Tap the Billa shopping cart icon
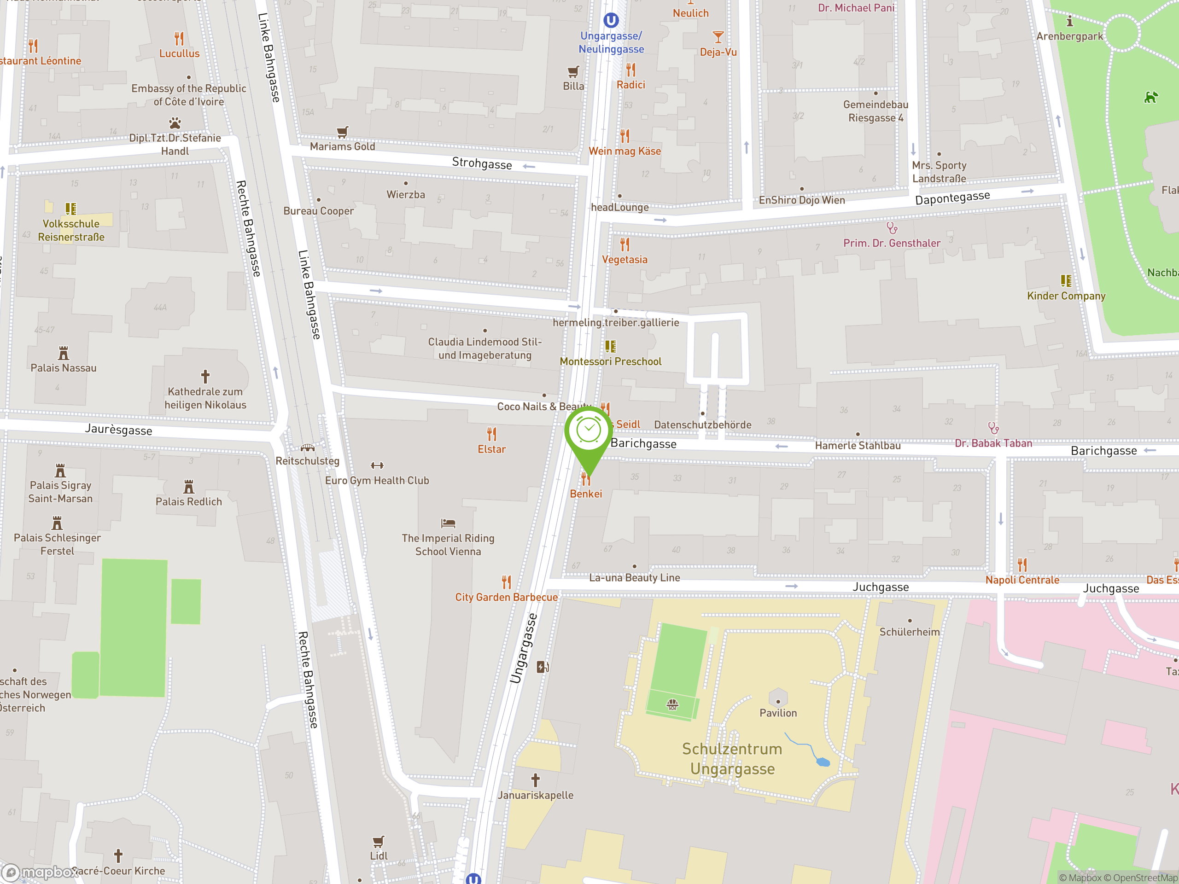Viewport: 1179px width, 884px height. (573, 71)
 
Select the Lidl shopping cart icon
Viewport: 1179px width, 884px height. (378, 841)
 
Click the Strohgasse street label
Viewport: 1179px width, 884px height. (482, 163)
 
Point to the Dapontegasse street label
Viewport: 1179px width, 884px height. (952, 197)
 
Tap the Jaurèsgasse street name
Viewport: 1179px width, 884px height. (118, 430)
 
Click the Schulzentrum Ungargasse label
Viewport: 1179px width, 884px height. (732, 759)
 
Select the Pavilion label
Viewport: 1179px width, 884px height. (778, 713)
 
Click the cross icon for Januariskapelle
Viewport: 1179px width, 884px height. (536, 780)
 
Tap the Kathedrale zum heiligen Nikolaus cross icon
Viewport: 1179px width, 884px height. (205, 377)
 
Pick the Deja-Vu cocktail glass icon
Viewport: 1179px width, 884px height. (718, 37)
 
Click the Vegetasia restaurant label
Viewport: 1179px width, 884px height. (625, 260)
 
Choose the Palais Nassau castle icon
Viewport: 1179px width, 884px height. (64, 353)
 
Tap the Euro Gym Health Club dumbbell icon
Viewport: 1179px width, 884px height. (377, 465)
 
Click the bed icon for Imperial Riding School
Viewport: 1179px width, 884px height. (448, 523)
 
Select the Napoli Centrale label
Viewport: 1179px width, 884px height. (1022, 580)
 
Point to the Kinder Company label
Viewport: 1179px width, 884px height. (1066, 296)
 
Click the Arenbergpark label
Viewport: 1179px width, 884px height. (1069, 36)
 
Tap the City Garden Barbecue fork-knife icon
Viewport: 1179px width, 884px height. (506, 582)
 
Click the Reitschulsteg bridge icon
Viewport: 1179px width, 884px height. (308, 448)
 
